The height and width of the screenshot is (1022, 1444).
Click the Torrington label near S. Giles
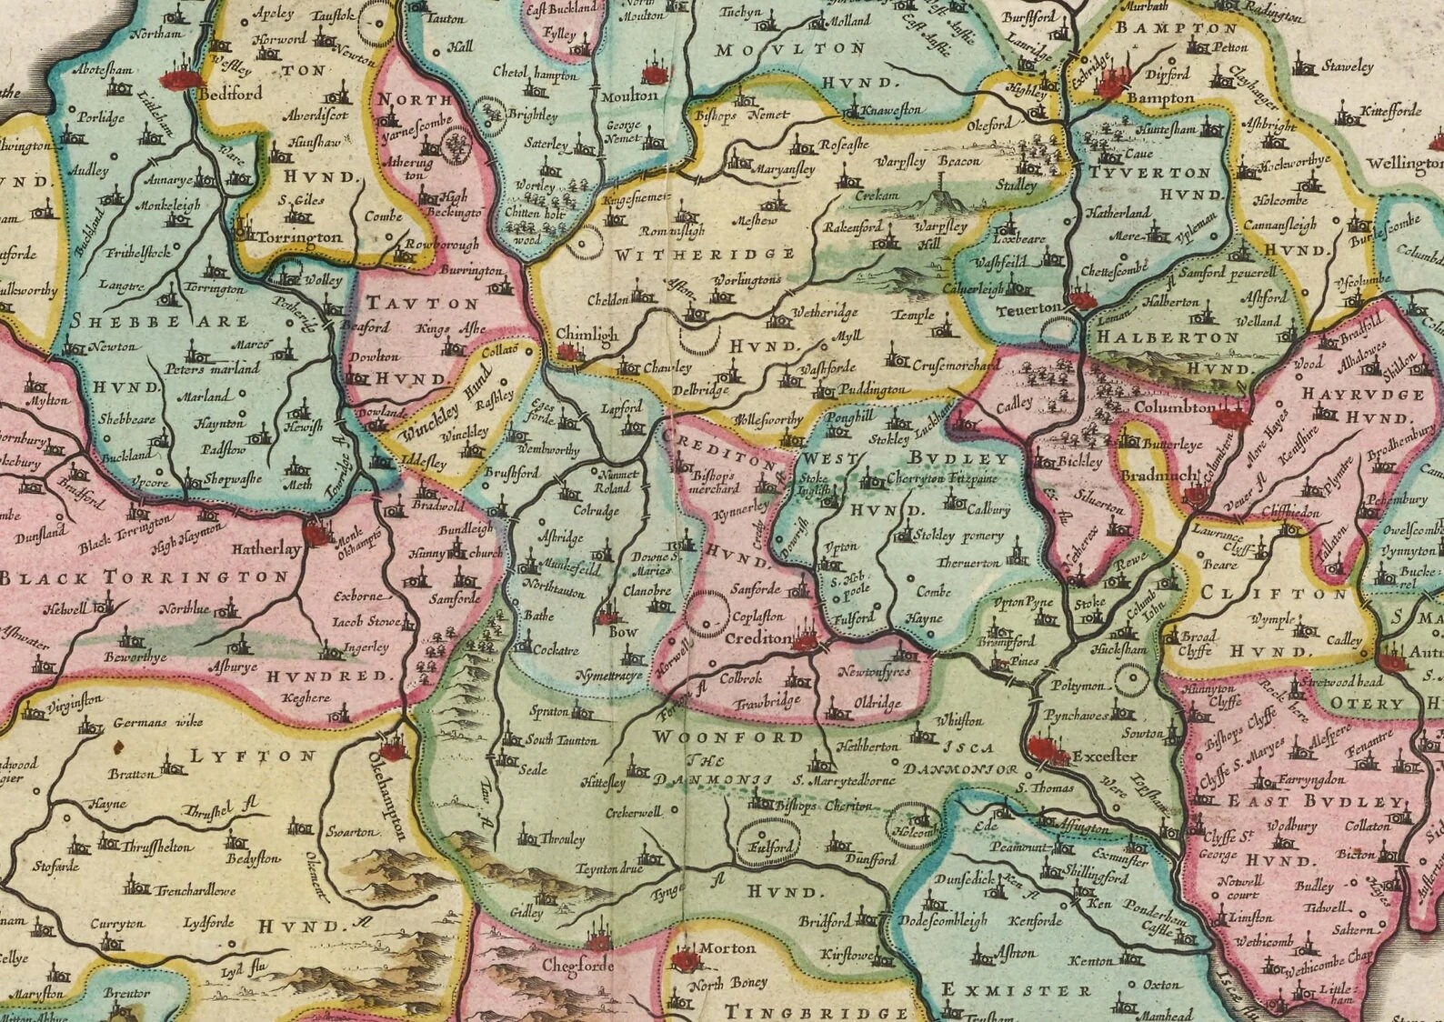300,237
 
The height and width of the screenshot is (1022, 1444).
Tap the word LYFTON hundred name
254,756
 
